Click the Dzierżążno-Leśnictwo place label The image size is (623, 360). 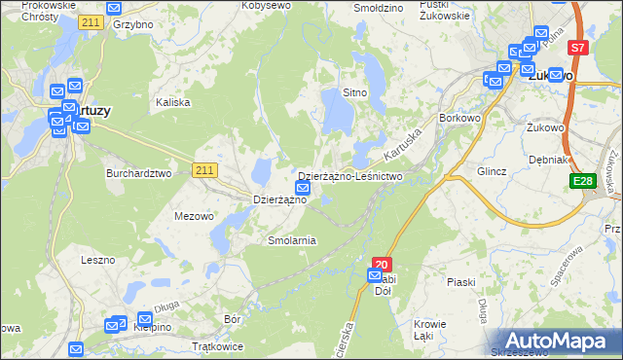click(349, 176)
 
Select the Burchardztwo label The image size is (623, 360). click(138, 173)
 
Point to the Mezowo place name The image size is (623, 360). click(193, 216)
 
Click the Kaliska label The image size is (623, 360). click(172, 101)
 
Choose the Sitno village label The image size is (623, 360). click(353, 93)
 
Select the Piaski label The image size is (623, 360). click(460, 282)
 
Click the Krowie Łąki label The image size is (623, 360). click(429, 330)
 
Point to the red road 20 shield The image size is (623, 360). click(382, 263)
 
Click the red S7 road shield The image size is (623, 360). click(578, 47)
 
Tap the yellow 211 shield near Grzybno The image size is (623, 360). click(92, 21)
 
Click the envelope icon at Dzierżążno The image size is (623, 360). click(303, 187)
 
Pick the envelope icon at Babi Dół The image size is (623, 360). click(376, 276)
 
